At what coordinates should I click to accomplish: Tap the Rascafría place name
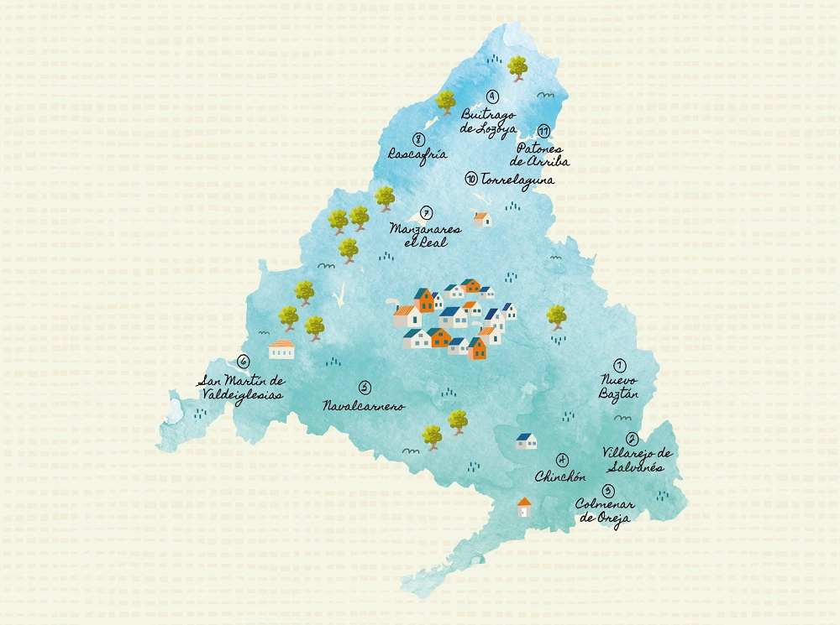[417, 154]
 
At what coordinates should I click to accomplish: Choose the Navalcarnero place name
[364, 406]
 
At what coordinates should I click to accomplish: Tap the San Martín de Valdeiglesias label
[240, 387]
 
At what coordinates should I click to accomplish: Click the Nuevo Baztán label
[621, 386]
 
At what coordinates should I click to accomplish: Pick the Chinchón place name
[559, 477]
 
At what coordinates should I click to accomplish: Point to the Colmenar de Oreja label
[605, 511]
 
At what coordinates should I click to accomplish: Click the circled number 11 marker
[544, 131]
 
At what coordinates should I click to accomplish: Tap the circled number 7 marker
[426, 213]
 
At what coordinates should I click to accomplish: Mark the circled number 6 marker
[243, 362]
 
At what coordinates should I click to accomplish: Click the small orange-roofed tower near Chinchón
[524, 507]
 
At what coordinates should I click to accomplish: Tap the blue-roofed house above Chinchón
[526, 440]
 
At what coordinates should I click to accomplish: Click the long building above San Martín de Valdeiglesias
[281, 349]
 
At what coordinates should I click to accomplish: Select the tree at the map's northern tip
[517, 67]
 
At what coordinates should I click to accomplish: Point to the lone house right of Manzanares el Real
[481, 219]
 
